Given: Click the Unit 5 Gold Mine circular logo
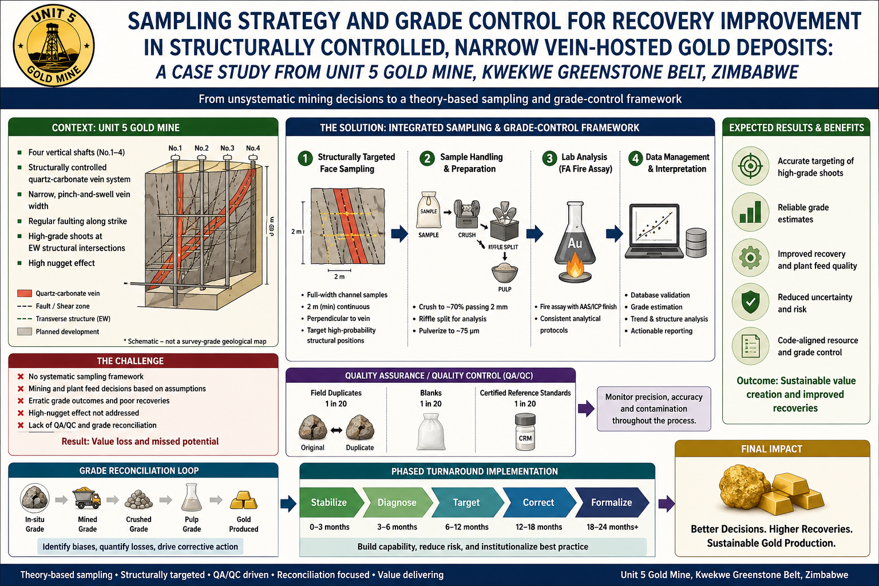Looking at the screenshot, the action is pyautogui.click(x=54, y=45).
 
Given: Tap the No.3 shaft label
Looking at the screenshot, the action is pyautogui.click(x=227, y=148).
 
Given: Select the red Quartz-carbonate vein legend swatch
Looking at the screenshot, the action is pyautogui.click(x=25, y=293).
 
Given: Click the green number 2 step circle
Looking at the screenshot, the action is pyautogui.click(x=427, y=159).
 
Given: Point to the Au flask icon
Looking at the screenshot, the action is pyautogui.click(x=575, y=241).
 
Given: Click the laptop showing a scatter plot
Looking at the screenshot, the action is pyautogui.click(x=654, y=231).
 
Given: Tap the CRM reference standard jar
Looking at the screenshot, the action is pyautogui.click(x=525, y=432).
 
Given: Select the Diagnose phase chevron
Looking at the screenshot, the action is pyautogui.click(x=397, y=502).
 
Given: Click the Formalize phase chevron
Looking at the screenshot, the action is pyautogui.click(x=612, y=502).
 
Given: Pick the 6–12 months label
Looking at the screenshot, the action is pyautogui.click(x=466, y=527).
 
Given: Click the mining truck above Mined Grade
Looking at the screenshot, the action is pyautogui.click(x=87, y=498).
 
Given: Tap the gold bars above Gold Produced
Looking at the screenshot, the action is pyautogui.click(x=244, y=500).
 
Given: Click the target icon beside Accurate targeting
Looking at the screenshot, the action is pyautogui.click(x=750, y=166).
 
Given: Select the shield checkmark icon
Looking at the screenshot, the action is pyautogui.click(x=750, y=302).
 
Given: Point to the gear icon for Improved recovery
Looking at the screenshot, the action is pyautogui.click(x=750, y=258).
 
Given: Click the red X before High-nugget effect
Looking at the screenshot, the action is pyautogui.click(x=21, y=413).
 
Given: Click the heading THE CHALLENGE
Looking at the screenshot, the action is pyautogui.click(x=130, y=361).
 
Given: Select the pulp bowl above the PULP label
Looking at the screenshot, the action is pyautogui.click(x=505, y=273).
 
